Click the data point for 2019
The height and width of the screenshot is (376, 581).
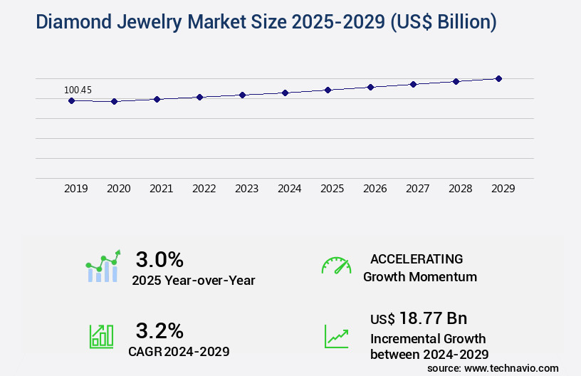click(71, 100)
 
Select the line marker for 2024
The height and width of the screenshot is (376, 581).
click(285, 93)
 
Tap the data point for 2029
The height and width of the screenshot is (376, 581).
click(498, 78)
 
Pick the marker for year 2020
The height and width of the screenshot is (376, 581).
click(114, 101)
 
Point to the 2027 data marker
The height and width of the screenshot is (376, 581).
click(413, 84)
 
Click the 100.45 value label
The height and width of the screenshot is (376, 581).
click(78, 90)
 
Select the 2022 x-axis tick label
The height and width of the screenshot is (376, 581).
click(204, 189)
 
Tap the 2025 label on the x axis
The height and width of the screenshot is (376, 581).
click(332, 189)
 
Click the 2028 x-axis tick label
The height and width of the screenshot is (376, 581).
click(460, 189)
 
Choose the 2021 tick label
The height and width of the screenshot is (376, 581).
click(161, 189)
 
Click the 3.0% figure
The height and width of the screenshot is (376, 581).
click(159, 259)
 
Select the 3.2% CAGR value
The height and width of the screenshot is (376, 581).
click(159, 330)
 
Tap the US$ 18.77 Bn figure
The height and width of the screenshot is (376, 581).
click(419, 318)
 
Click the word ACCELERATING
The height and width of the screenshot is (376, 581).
click(417, 259)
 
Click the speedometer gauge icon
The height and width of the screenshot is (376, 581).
click(336, 266)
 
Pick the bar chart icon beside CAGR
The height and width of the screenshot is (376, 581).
click(101, 336)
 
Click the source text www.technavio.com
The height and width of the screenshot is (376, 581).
click(512, 367)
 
